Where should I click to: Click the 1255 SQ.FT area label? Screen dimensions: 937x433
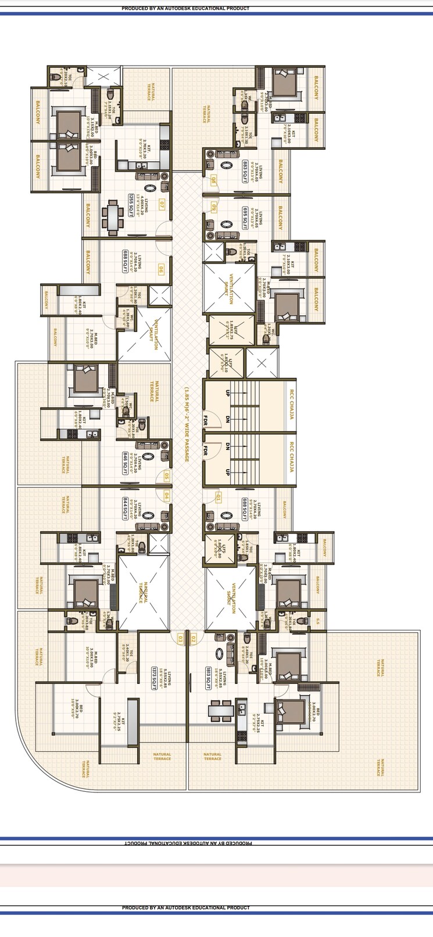[131, 205]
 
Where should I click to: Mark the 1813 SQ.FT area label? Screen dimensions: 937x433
[207, 677]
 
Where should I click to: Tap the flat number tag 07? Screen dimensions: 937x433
[161, 204]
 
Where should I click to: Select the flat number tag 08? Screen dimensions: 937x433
[214, 181]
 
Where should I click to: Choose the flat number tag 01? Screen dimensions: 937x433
[218, 497]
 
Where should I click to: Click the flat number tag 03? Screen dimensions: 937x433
[180, 639]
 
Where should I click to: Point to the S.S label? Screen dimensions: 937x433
[317, 621]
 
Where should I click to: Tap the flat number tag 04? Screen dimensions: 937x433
[166, 496]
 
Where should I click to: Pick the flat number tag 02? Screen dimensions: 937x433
[194, 639]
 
